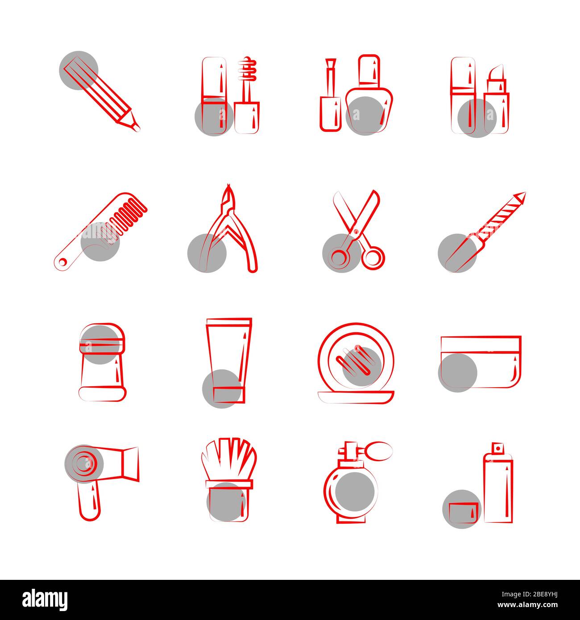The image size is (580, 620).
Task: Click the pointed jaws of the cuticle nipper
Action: point(229,196)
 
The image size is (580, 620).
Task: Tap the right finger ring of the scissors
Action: point(373,258)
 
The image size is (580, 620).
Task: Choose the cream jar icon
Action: point(481,362)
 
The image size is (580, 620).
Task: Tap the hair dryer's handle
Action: point(89,502)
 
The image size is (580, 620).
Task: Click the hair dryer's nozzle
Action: point(129,464)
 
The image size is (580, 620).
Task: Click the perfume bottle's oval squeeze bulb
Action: point(378,451)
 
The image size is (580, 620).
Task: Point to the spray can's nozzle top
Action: point(497,447)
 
